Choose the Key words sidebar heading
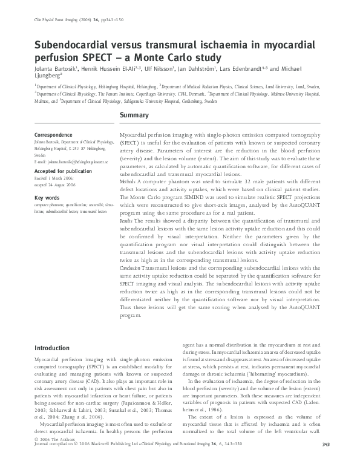click(48, 198)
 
